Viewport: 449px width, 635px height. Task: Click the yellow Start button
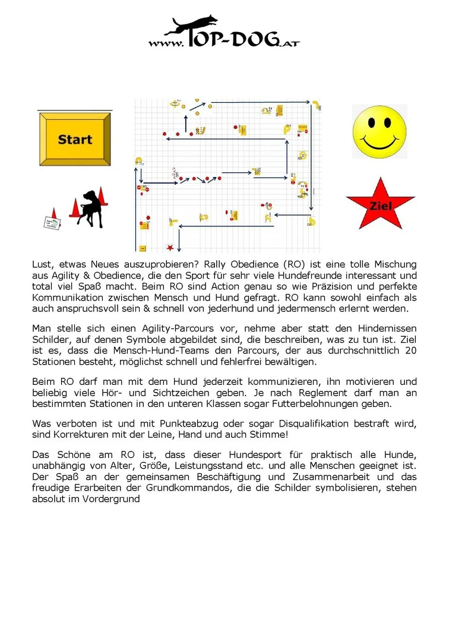click(75, 140)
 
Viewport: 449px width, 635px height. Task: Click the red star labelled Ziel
click(381, 205)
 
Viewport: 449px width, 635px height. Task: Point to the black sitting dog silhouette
click(91, 208)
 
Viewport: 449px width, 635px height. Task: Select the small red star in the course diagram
click(171, 247)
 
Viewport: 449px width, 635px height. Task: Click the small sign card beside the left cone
click(53, 223)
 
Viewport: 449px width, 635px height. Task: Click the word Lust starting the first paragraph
click(42, 264)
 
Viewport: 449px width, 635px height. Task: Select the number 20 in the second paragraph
click(410, 350)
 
